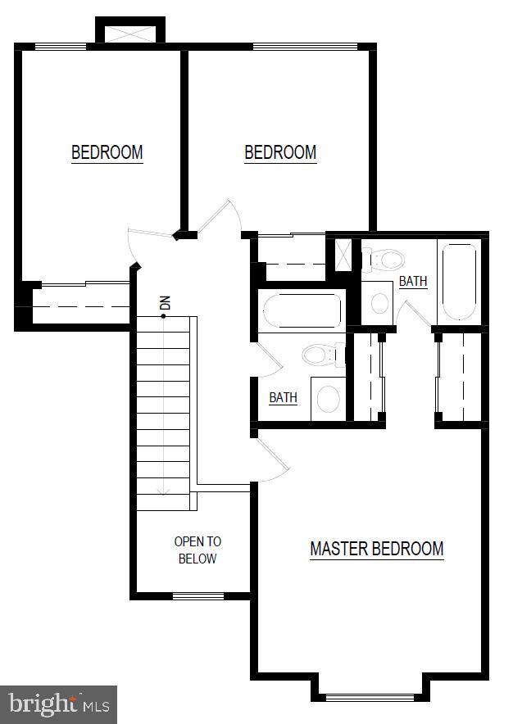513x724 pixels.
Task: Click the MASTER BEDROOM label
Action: point(377,549)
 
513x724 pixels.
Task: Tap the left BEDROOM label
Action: point(107,152)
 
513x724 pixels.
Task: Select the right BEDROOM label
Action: point(280,152)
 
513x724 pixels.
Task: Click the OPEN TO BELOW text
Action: point(197,550)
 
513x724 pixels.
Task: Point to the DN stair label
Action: point(165,303)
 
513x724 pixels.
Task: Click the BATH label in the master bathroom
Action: point(413,281)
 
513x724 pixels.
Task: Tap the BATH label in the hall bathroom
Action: point(284,397)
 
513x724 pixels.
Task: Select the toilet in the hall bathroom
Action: point(324,355)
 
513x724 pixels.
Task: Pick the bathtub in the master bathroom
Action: point(460,282)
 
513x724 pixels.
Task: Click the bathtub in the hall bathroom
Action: point(302,310)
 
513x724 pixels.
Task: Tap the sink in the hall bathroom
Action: point(329,399)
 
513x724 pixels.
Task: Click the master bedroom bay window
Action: point(370,697)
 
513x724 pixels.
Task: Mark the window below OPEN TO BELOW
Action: point(198,596)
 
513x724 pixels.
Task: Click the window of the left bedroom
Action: point(61,46)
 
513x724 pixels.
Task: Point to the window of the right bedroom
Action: point(305,46)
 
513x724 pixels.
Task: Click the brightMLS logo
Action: point(59,704)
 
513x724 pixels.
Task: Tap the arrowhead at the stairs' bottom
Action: point(163,491)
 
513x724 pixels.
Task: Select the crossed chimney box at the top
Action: point(130,34)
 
